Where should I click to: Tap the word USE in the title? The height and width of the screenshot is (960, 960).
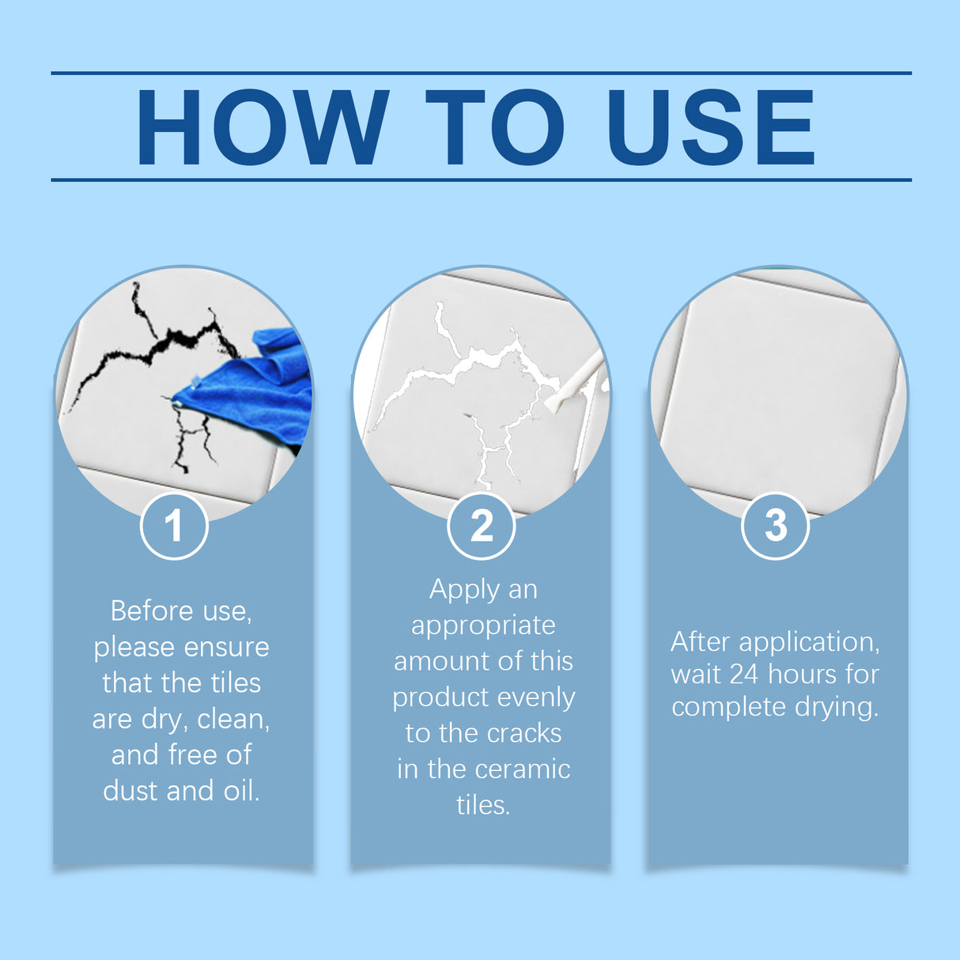[x=710, y=127]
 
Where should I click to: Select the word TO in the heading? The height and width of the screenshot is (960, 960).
[x=495, y=127]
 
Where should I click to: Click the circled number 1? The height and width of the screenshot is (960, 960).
[x=174, y=526]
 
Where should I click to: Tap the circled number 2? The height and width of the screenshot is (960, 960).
[x=481, y=526]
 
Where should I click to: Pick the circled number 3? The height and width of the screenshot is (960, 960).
[x=775, y=526]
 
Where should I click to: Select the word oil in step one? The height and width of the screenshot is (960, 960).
[x=240, y=791]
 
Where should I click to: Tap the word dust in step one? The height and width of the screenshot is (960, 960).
[x=130, y=791]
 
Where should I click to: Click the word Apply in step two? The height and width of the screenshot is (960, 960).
[x=464, y=590]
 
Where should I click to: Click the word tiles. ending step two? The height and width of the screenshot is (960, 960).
[x=483, y=805]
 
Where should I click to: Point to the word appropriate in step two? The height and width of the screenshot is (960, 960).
[x=483, y=626]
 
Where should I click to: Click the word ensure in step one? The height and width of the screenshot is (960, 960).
[x=226, y=647]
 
